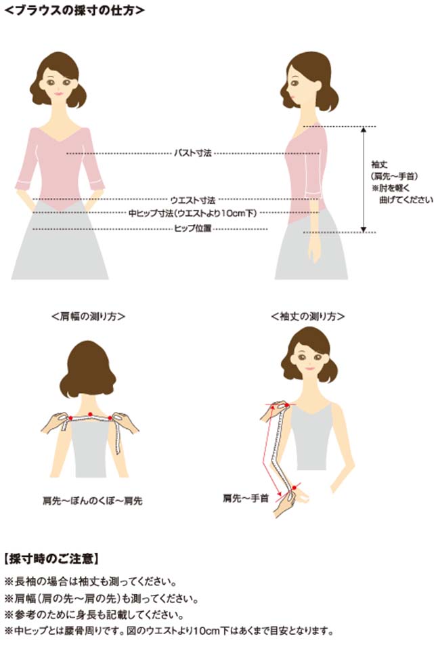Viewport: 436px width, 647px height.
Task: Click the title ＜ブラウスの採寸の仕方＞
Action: click(74, 10)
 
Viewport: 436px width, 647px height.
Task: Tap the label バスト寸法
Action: click(193, 153)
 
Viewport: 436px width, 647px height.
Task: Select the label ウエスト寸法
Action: click(193, 201)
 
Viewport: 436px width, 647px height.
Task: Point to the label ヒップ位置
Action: click(193, 228)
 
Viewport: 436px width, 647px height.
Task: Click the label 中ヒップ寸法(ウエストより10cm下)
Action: click(193, 213)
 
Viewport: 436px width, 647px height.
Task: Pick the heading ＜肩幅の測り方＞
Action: click(88, 316)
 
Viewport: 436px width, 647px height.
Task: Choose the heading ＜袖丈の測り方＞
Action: click(308, 316)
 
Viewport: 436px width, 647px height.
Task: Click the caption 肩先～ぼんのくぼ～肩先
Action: click(93, 501)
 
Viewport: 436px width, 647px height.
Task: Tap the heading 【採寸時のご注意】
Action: click(51, 559)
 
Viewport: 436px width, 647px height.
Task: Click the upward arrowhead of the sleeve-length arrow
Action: click(364, 129)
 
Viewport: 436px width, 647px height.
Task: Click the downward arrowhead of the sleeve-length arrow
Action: click(364, 229)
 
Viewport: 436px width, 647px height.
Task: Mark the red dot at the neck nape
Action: click(90, 413)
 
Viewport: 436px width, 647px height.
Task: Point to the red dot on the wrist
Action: click(294, 488)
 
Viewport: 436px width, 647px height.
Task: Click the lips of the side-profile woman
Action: click(292, 98)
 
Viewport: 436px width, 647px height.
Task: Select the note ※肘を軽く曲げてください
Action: click(402, 194)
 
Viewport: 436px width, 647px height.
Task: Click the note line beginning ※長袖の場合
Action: click(91, 582)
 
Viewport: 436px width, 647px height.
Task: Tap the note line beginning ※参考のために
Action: click(94, 614)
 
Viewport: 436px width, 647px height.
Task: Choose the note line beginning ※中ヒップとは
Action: click(169, 631)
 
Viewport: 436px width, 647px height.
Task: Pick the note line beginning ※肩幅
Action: click(102, 598)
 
